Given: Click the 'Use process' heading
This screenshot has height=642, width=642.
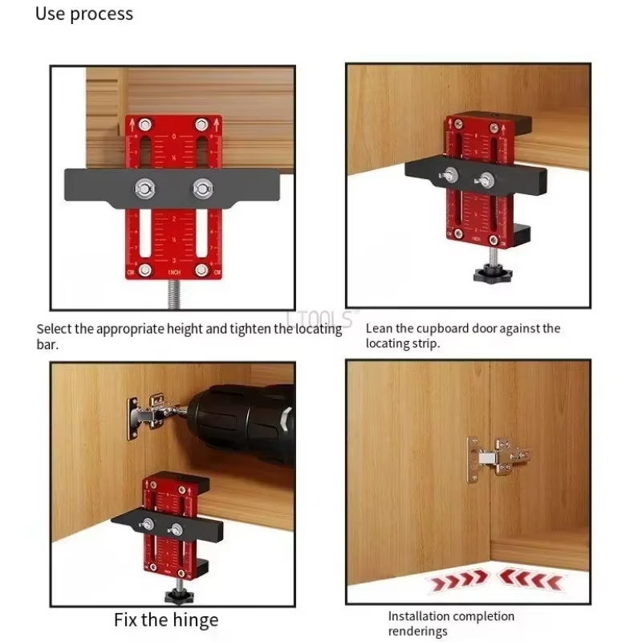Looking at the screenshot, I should click(x=84, y=14).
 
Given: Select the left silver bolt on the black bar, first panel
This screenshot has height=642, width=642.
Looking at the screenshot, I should click(x=145, y=189).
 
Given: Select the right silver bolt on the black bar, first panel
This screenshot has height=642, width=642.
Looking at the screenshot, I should click(x=201, y=189).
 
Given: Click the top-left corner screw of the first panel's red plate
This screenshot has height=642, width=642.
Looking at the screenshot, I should click(x=144, y=124).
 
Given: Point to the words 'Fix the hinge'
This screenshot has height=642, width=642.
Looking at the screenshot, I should click(x=165, y=620).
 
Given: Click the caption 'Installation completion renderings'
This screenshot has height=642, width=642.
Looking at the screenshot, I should click(x=451, y=624).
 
